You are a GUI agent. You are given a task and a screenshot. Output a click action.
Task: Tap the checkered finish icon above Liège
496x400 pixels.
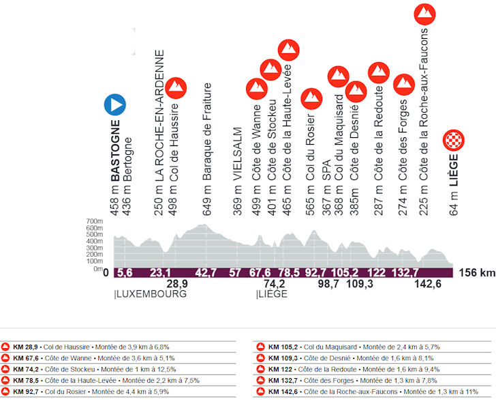(x=454, y=141)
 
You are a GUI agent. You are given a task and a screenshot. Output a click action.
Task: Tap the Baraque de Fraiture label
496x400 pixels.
(x=208, y=132)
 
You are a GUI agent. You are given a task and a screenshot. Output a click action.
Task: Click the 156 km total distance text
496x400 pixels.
(x=476, y=273)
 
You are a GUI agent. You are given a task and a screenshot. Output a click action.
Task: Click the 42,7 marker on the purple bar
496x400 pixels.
(x=206, y=273)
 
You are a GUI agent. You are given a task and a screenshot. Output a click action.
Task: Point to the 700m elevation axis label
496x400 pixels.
(x=94, y=222)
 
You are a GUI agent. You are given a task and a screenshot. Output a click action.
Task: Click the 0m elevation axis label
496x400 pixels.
(x=97, y=269)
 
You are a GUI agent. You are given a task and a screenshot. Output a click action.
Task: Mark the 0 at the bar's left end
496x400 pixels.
(x=106, y=273)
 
